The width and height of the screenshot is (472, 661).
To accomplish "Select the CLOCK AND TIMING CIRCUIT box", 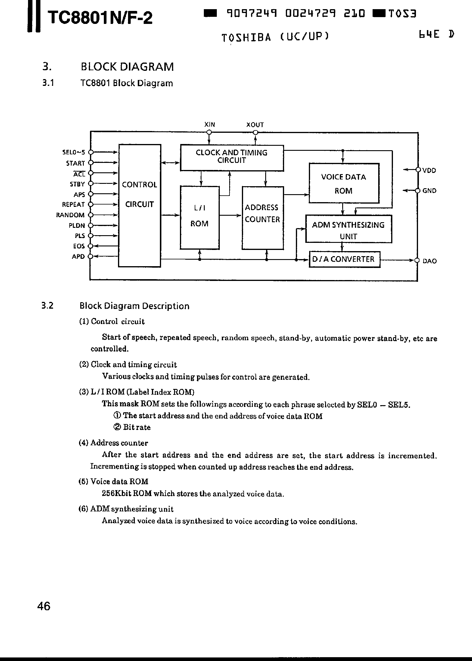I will pyautogui.click(x=232, y=158).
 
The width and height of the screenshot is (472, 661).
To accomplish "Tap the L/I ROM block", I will pyautogui.click(x=200, y=217).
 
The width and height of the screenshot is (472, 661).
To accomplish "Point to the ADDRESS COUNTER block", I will pyautogui.click(x=263, y=218).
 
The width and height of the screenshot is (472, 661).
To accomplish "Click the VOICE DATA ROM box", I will pyautogui.click(x=344, y=183).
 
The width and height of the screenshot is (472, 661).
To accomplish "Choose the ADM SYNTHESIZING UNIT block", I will pyautogui.click(x=348, y=229).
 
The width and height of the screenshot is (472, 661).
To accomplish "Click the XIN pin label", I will pyautogui.click(x=209, y=125).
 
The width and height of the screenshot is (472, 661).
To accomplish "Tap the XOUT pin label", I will pyautogui.click(x=255, y=125).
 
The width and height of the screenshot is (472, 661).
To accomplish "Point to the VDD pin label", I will pyautogui.click(x=429, y=170).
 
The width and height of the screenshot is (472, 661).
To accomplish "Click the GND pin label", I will pyautogui.click(x=429, y=191).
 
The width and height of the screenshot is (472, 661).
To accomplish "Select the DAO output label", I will pyautogui.click(x=430, y=261).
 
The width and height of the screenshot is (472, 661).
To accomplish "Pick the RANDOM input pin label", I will pyautogui.click(x=71, y=215).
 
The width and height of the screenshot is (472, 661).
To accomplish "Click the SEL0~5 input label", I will pyautogui.click(x=73, y=152).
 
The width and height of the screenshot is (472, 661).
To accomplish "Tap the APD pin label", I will pyautogui.click(x=78, y=256).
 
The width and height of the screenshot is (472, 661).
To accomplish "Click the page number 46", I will pyautogui.click(x=44, y=606).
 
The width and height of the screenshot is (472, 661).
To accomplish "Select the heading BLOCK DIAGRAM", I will pyautogui.click(x=127, y=67).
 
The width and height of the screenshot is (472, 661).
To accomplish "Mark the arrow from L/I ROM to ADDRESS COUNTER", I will pyautogui.click(x=230, y=215).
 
